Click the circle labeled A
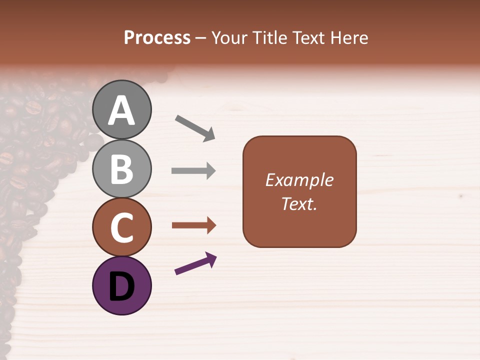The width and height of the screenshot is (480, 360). [x=122, y=109]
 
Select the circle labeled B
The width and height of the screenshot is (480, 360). [x=122, y=168]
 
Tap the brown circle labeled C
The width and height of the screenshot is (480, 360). [x=122, y=227]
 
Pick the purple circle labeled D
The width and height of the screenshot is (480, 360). [x=122, y=285]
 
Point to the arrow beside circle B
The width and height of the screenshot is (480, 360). [x=193, y=171]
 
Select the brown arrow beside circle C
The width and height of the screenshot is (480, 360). [x=193, y=225]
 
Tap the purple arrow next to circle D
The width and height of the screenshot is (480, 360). [x=195, y=263]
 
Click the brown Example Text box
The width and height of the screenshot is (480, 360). [x=299, y=191]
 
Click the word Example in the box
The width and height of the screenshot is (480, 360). [x=299, y=180]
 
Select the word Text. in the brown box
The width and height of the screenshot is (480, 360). [x=299, y=204]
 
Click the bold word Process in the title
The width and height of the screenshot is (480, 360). [x=157, y=37]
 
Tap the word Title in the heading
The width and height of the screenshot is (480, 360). [x=269, y=37]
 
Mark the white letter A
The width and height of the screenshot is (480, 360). [x=122, y=110]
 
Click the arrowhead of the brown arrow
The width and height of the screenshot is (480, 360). [x=210, y=225]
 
